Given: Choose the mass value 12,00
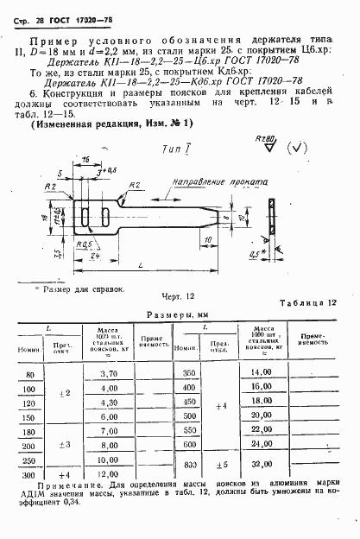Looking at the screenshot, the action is click(x=108, y=475).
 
